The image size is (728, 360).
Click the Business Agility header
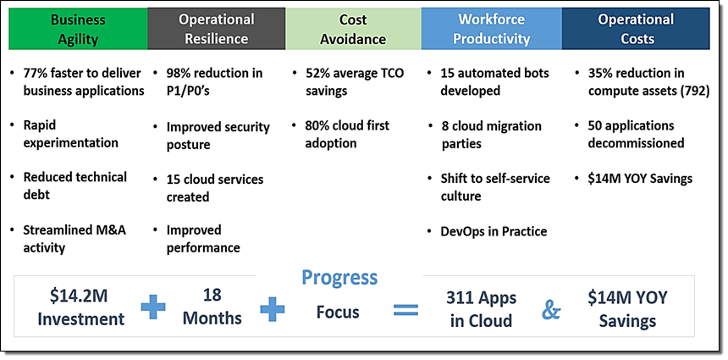point(78,29)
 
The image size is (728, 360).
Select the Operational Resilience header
point(217,29)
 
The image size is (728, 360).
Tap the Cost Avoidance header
point(353,29)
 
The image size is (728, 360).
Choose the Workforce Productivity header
point(492,29)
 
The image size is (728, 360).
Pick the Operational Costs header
point(636,29)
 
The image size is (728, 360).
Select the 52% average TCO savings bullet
point(354,82)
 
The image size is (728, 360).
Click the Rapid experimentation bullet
point(70,134)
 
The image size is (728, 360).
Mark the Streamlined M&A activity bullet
point(74,239)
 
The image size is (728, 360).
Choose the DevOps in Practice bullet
point(494,231)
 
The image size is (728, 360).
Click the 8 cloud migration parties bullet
point(491,135)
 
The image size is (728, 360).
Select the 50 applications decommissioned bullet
point(636,134)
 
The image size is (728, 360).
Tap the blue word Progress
point(339,277)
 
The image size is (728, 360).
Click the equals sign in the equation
point(405,309)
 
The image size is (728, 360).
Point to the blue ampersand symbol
point(550,310)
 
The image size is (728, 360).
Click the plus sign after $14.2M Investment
point(153,307)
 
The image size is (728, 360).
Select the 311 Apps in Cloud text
point(481,309)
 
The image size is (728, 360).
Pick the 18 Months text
point(212,307)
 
